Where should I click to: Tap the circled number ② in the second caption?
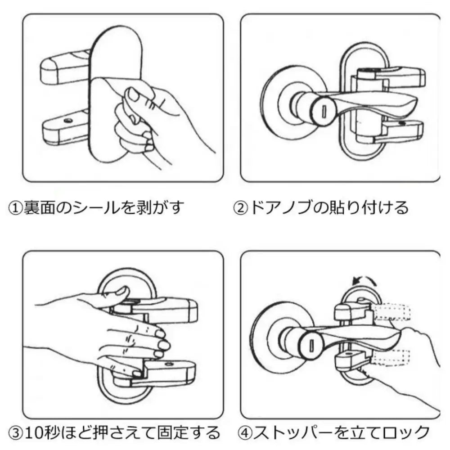(x=239, y=207)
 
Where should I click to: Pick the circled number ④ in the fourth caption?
(x=246, y=432)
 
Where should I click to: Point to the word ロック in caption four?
(x=407, y=432)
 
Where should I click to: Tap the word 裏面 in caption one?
(x=38, y=207)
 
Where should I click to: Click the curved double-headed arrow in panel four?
(x=363, y=281)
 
